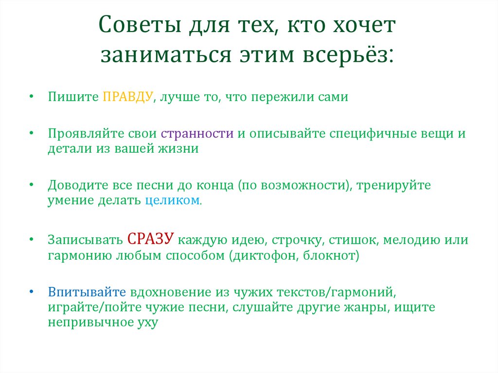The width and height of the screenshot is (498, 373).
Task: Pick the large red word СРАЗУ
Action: click(151, 239)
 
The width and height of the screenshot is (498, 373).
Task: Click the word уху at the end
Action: click(148, 323)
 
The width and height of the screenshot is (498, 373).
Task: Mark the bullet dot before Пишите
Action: click(31, 97)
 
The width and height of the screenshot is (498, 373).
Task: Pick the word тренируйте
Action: click(395, 185)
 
